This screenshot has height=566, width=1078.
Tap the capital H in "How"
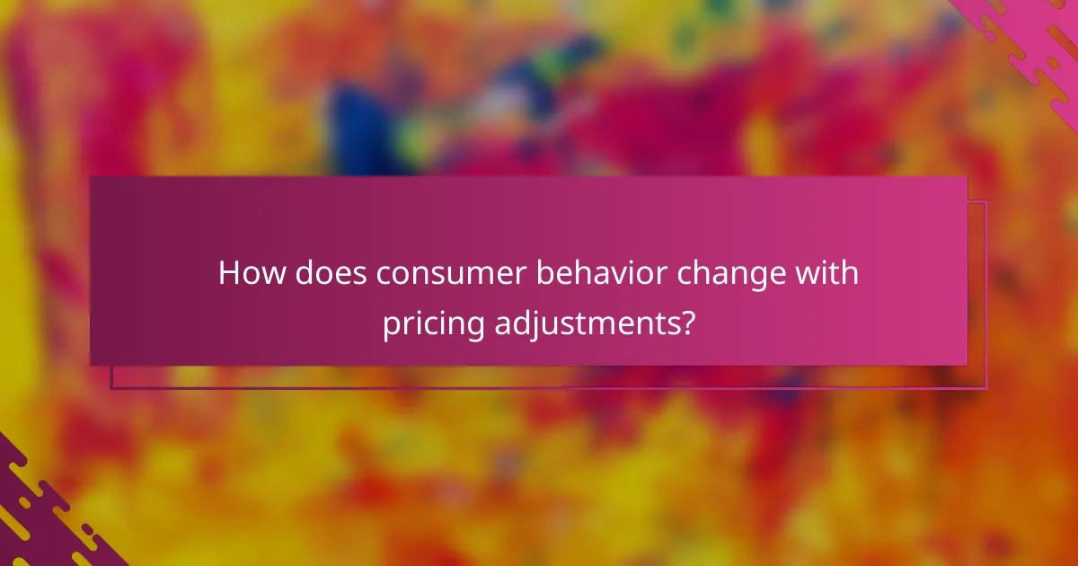pos(230,273)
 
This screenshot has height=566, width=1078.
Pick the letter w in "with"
pos(817,273)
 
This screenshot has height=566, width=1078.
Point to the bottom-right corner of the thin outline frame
pos(986,388)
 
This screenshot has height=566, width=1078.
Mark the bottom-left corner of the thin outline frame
pos(111,388)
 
